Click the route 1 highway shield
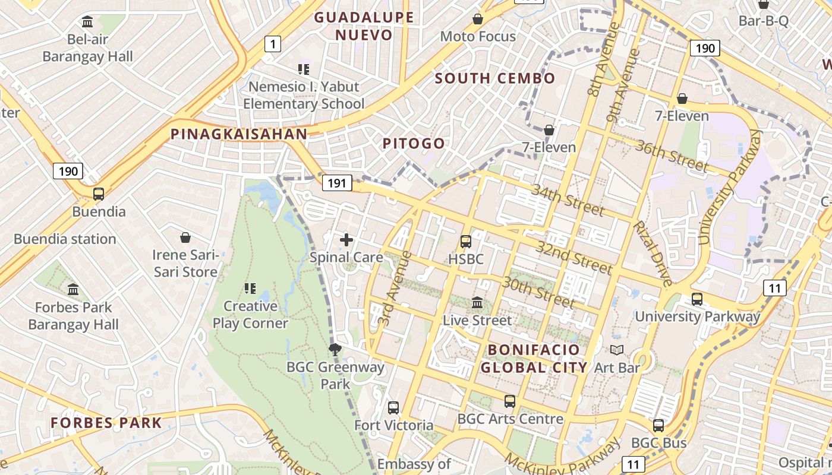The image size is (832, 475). coord(272,43)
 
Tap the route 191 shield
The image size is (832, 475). coord(337,183)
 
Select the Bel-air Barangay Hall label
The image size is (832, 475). coord(88,48)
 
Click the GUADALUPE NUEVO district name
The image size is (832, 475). coord(364,26)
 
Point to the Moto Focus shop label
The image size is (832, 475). coord(478,37)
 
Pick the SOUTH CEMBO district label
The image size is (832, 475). coord(495,78)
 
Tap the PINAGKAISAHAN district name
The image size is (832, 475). coord(239,134)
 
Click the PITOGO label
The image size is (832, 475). coord(414,144)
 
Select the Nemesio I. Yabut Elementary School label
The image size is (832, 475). coord(304,95)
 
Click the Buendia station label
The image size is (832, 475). coord(65,239)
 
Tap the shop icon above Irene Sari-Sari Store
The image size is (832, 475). coord(185,238)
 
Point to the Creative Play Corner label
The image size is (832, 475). coord(250,315)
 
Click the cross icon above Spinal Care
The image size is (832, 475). coord(346,240)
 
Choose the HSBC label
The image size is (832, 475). coord(466,259)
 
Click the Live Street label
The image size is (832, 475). coord(477,321)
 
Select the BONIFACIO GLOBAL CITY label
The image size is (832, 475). coord(534,358)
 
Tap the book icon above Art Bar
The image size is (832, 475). coord(617,350)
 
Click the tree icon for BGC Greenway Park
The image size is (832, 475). coord(335,349)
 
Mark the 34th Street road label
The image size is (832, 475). coord(568,200)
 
